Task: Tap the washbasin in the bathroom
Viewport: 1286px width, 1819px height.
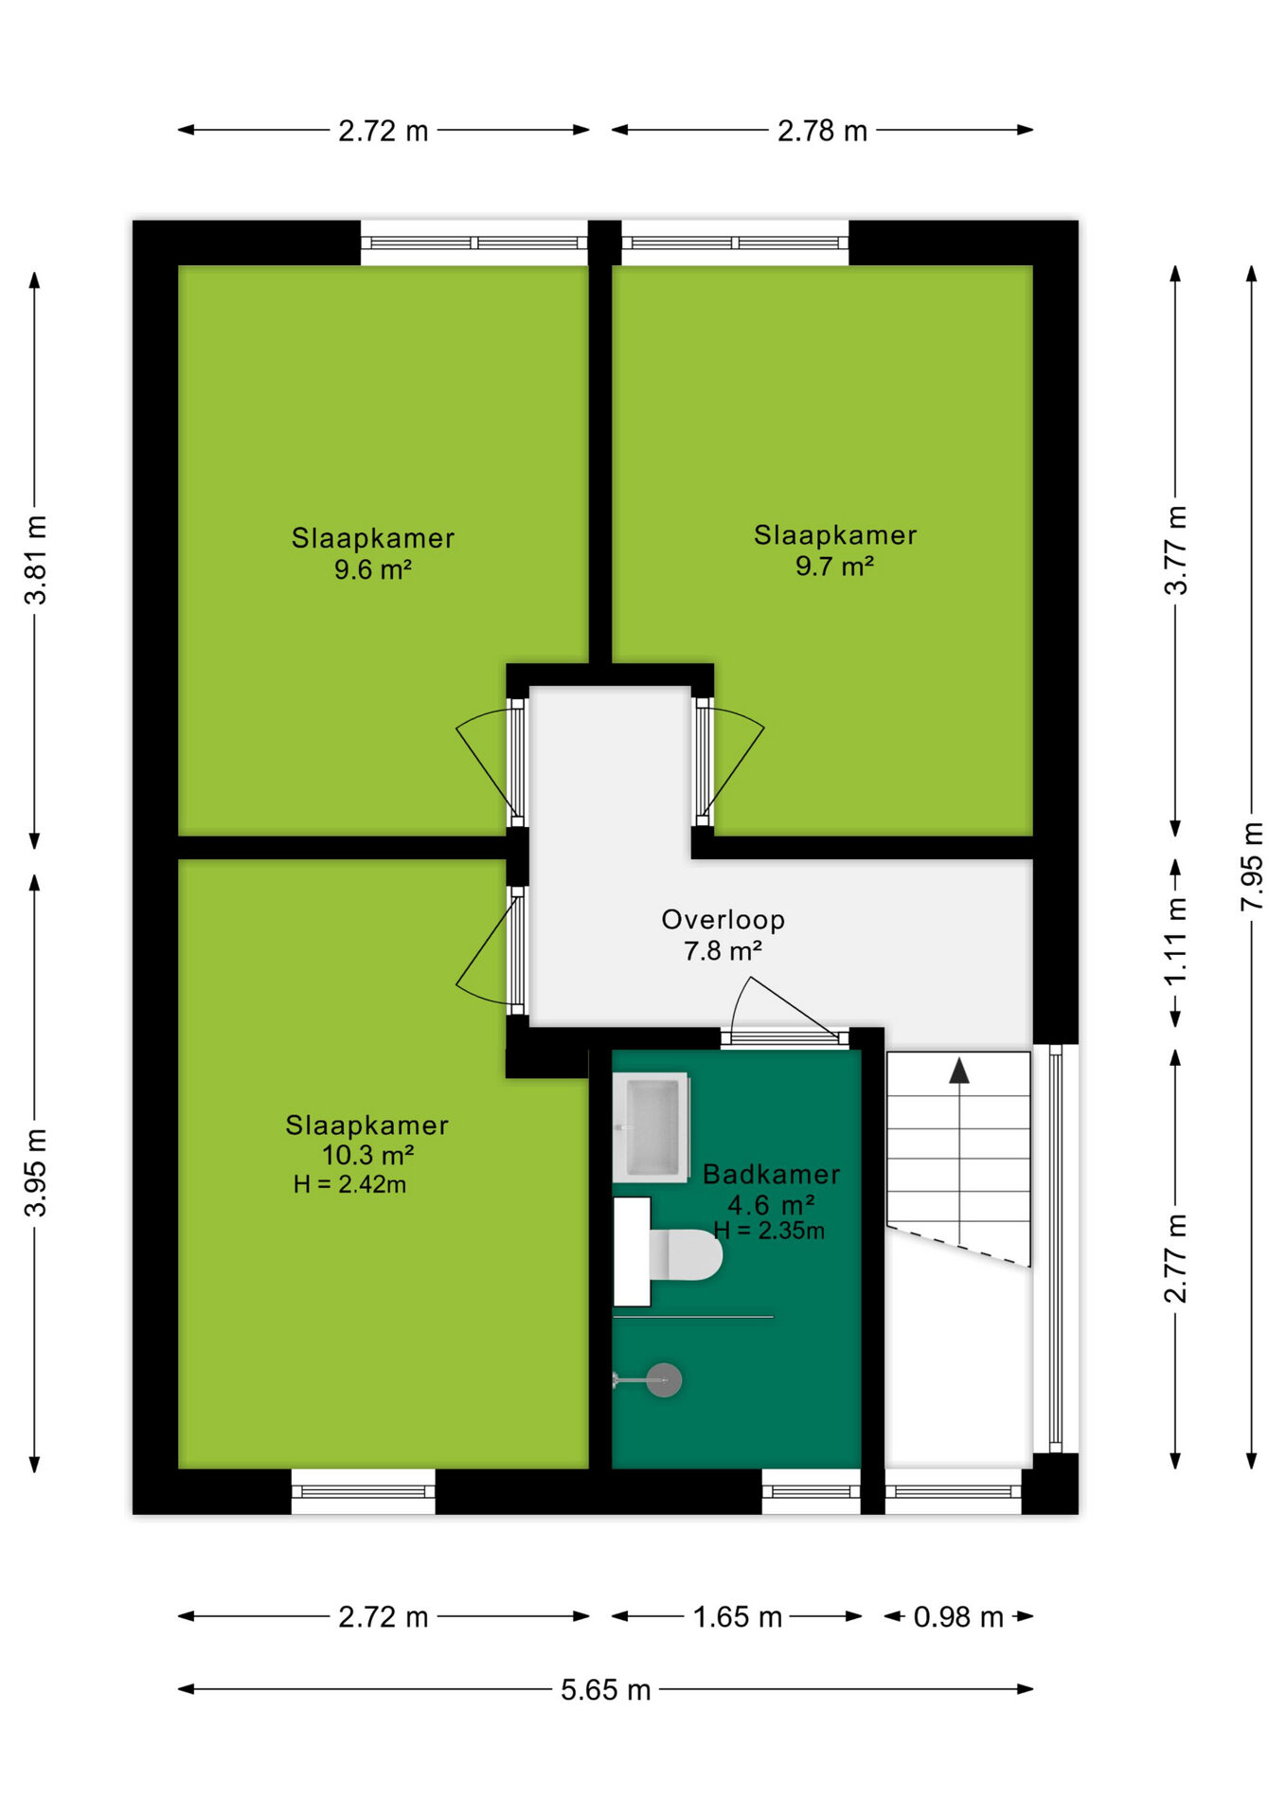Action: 651,1127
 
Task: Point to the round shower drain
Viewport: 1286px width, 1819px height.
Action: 664,1379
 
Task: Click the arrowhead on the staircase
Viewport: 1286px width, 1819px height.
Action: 959,1071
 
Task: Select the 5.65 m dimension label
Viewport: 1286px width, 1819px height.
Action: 606,1689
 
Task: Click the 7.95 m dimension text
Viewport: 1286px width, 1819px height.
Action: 1252,867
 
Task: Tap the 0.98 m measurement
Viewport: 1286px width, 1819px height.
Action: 958,1616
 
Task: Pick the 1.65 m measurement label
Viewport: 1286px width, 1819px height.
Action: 738,1616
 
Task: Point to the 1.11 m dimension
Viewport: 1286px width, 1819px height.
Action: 1175,942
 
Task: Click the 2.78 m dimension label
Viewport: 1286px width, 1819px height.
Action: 822,130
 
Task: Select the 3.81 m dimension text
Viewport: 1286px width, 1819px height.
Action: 36,560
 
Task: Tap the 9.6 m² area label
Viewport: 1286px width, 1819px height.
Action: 372,569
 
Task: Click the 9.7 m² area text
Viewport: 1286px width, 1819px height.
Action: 834,567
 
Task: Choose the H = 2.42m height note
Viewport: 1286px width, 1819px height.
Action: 349,1184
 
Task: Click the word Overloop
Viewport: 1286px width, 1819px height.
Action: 723,920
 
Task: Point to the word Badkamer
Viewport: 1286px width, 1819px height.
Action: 772,1175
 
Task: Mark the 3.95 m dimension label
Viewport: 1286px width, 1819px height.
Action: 36,1172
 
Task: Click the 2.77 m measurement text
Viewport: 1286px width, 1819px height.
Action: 1175,1258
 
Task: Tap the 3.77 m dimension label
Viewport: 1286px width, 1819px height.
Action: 1175,550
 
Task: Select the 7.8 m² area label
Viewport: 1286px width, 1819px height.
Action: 723,950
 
